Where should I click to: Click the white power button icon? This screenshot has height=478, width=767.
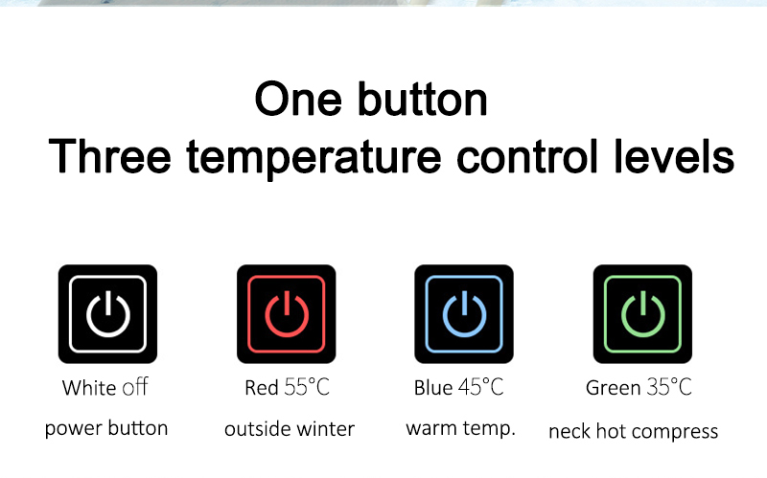[x=107, y=314]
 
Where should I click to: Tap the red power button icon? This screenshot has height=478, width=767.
[x=286, y=314]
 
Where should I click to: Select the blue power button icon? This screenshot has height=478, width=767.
[x=464, y=314]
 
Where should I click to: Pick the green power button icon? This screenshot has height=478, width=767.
[x=642, y=314]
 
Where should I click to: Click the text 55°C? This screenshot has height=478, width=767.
[x=307, y=387]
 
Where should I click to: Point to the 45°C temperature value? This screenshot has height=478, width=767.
[x=481, y=387]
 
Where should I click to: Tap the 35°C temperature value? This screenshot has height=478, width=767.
[x=669, y=387]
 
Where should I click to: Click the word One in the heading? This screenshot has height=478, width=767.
[x=298, y=100]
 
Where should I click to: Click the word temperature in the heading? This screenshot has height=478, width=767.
[x=314, y=158]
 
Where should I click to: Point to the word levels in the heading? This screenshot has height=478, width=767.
[x=674, y=156]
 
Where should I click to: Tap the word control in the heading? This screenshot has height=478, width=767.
[x=527, y=156]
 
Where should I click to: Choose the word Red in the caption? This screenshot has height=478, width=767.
[x=261, y=388]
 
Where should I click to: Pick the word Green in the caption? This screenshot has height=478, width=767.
[x=613, y=388]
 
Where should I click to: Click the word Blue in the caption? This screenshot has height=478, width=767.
[x=433, y=388]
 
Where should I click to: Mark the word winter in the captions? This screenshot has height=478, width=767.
[x=325, y=429]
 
